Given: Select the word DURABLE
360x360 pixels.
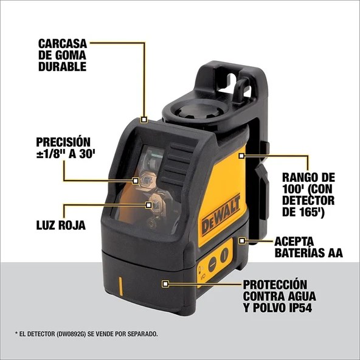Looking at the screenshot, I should pos(62,67).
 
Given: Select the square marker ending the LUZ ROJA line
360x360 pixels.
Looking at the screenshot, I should pos(147,205).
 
